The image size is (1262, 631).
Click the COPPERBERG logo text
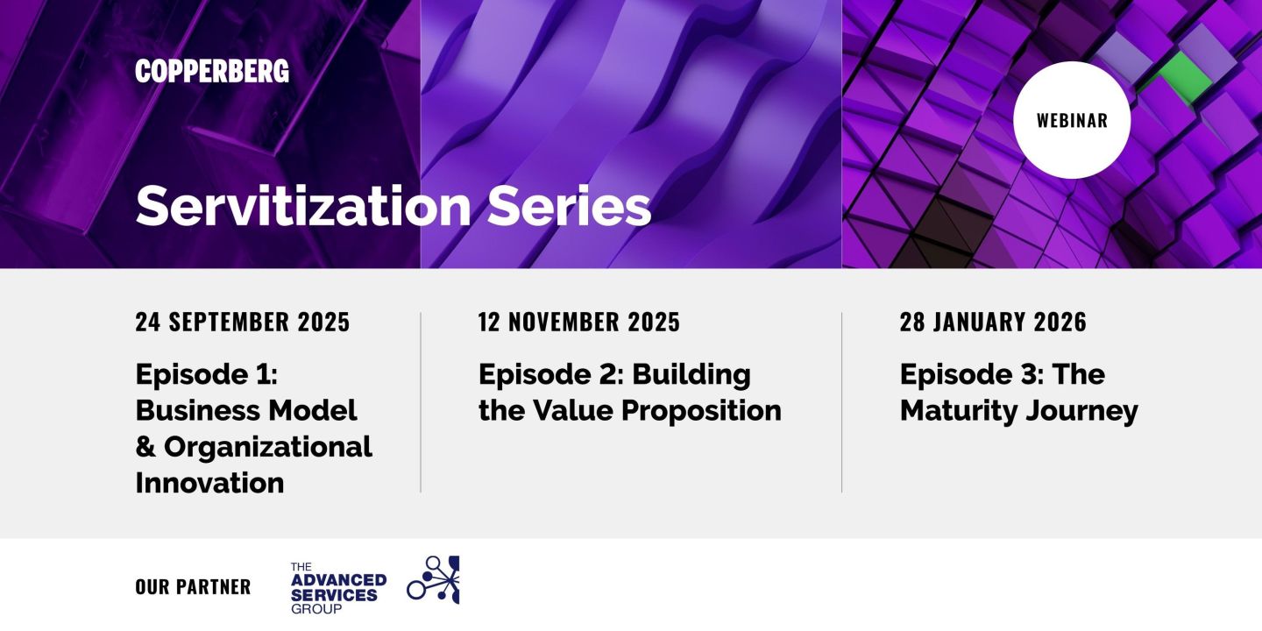(x=212, y=72)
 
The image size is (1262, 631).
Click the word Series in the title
(x=570, y=206)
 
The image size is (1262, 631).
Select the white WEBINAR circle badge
(x=1072, y=120)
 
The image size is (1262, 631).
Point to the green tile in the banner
(x=1186, y=77)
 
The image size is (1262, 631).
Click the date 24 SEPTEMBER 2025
(x=243, y=323)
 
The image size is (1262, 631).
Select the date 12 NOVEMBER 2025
(x=579, y=323)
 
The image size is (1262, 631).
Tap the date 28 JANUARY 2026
(x=993, y=323)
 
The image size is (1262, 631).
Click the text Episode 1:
(x=206, y=374)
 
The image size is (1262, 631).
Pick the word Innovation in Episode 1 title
(x=209, y=482)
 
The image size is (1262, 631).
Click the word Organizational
(x=268, y=446)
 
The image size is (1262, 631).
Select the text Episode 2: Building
(x=614, y=374)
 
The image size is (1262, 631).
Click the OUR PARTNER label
(x=193, y=586)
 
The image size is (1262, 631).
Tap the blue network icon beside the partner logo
(x=434, y=580)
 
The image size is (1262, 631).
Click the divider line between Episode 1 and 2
(x=421, y=402)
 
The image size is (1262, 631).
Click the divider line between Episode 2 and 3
(x=842, y=402)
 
